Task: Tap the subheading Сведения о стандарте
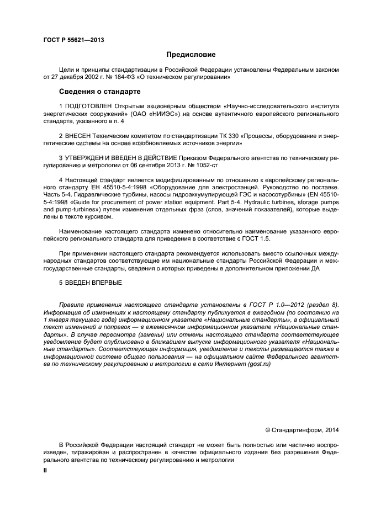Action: point(100,91)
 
